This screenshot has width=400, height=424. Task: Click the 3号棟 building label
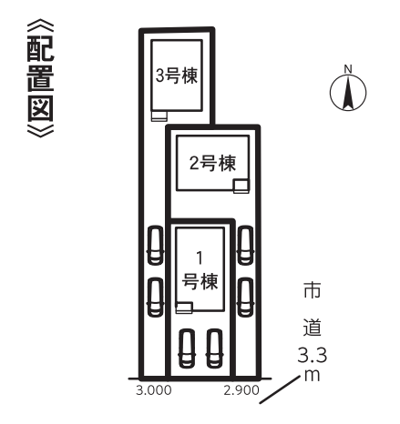click(x=177, y=76)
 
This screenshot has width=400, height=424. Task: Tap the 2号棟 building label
click(x=212, y=163)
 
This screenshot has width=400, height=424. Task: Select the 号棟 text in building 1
click(x=200, y=281)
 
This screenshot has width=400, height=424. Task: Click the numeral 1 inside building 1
click(x=200, y=258)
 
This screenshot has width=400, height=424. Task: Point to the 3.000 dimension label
click(x=154, y=390)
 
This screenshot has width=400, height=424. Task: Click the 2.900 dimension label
click(x=241, y=390)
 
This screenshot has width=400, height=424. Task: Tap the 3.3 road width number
click(x=313, y=355)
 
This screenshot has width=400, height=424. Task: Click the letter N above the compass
click(x=348, y=69)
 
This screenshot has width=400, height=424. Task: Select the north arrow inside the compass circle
click(x=348, y=93)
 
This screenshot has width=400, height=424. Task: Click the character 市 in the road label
click(x=313, y=290)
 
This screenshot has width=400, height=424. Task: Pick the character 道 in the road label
click(x=313, y=327)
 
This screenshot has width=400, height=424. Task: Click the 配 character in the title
click(x=40, y=48)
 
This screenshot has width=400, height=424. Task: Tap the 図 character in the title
click(x=40, y=108)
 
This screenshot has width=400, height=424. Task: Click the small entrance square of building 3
click(x=159, y=116)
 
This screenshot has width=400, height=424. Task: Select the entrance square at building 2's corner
click(x=241, y=186)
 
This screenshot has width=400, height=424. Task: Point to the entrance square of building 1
click(x=184, y=308)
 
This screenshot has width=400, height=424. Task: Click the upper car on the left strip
click(x=155, y=246)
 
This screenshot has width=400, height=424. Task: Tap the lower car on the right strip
click(x=245, y=298)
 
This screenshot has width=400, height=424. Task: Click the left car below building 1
click(x=187, y=348)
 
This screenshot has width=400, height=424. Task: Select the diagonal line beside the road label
click(x=280, y=389)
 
